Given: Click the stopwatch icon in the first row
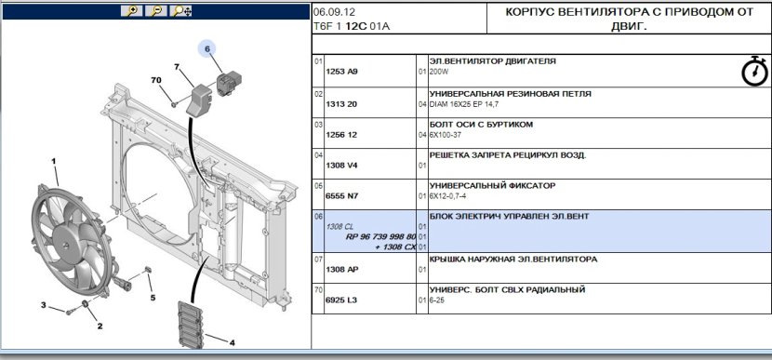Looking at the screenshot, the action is click(x=754, y=72).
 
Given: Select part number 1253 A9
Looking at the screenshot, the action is click(x=341, y=72).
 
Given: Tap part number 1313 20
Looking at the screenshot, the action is click(x=341, y=104).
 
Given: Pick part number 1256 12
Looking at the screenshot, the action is click(x=341, y=135).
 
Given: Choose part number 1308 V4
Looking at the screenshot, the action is click(x=341, y=166).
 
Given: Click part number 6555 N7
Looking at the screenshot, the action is click(x=341, y=196).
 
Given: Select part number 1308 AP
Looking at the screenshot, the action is click(x=341, y=270).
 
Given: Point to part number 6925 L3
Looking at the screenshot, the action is click(x=341, y=300).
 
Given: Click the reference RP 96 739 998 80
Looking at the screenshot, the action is click(x=380, y=237).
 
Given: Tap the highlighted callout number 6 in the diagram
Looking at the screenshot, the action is click(x=207, y=48).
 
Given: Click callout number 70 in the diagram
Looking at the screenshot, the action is click(x=156, y=80).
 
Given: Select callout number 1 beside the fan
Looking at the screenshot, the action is click(x=54, y=161).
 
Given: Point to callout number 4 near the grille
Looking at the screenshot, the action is click(x=232, y=342).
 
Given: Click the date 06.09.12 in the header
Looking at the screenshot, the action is click(x=334, y=12).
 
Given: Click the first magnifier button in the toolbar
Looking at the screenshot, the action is click(x=132, y=11).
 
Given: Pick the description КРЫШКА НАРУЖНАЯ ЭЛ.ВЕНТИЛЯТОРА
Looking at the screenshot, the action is click(x=513, y=259).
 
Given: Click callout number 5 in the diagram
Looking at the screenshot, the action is click(x=153, y=298).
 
